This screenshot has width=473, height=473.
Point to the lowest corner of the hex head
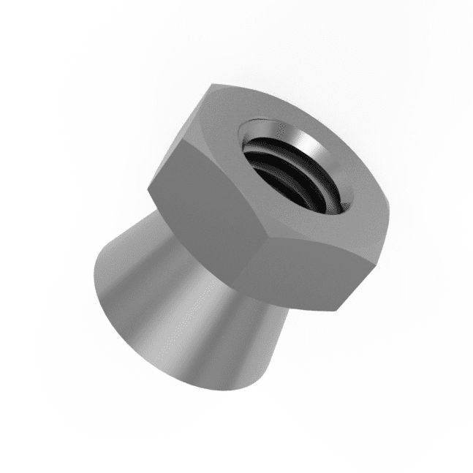(338, 311)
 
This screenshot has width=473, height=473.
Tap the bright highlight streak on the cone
(157, 307)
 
